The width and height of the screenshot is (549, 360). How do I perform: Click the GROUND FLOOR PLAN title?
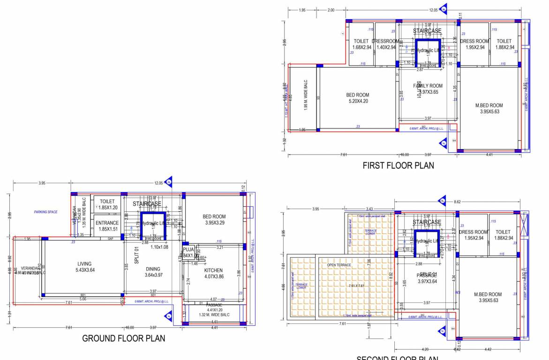(x=123, y=338)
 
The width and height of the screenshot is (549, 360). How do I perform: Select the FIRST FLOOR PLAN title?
(x=398, y=165)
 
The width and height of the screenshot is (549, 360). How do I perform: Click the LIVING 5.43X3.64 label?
(x=85, y=267)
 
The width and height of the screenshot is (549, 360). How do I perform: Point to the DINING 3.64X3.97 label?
(x=153, y=272)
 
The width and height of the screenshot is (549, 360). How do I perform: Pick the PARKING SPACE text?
(x=45, y=212)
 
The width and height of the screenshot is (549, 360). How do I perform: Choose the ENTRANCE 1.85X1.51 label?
(x=107, y=226)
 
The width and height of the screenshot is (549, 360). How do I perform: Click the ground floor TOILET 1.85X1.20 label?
(x=107, y=204)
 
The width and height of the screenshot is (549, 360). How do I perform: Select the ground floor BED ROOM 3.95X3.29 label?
(x=214, y=219)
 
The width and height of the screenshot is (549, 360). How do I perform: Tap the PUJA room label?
(x=189, y=253)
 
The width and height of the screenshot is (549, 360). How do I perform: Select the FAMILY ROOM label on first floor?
(x=428, y=89)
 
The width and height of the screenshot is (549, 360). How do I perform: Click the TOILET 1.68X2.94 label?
(x=361, y=44)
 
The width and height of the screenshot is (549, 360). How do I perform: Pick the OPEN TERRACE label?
(x=338, y=265)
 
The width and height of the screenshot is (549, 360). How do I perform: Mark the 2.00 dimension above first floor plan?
(x=331, y=10)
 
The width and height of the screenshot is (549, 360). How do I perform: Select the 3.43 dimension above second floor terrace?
(x=370, y=209)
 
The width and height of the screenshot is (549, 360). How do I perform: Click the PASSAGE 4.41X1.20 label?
(x=214, y=307)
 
